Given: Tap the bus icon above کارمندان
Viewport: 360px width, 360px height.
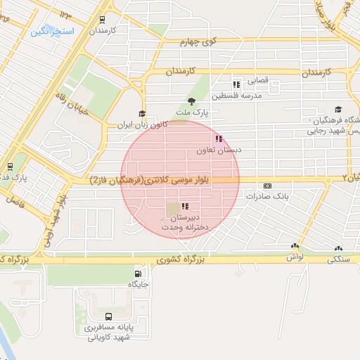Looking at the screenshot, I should click(x=103, y=20).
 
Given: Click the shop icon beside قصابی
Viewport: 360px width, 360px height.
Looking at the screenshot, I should click(x=236, y=84).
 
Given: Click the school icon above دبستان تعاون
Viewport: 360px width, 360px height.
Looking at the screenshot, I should click(x=219, y=139).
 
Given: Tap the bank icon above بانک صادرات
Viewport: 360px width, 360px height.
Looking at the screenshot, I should click(x=266, y=186).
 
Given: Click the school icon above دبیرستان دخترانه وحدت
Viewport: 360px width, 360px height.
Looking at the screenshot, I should click(x=184, y=207).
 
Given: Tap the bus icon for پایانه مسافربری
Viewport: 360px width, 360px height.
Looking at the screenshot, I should click(x=108, y=316).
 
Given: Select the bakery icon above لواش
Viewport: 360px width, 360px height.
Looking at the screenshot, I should click(x=295, y=247).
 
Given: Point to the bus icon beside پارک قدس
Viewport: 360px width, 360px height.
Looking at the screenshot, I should click(x=10, y=167).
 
